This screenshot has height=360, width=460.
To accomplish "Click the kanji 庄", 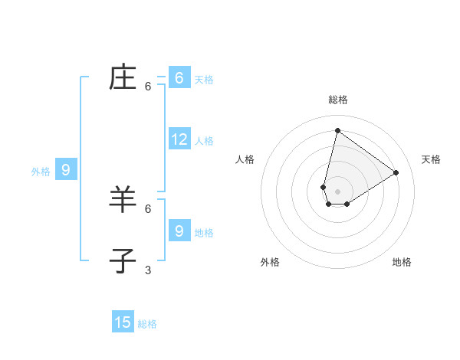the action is (123, 78).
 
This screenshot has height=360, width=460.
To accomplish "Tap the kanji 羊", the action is (123, 199).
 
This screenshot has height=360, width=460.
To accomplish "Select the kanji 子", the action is (123, 260).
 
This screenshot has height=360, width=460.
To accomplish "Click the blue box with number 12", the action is (179, 139).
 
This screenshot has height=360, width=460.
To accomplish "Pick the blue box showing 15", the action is (123, 322).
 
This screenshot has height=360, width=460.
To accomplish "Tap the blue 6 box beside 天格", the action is (179, 78).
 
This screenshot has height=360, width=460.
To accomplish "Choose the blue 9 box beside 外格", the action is (66, 170).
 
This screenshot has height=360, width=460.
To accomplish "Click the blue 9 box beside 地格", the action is (179, 230).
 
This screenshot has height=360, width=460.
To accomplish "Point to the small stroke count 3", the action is (148, 270).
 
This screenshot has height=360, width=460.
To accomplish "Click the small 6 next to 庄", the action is (148, 87).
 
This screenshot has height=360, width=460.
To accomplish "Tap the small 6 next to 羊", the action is (148, 208).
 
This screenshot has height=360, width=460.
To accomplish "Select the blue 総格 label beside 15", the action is (147, 324).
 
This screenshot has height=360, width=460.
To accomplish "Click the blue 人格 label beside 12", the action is (204, 141).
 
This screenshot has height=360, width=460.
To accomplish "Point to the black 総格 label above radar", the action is (337, 100).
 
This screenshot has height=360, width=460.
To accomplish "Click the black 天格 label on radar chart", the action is (431, 159).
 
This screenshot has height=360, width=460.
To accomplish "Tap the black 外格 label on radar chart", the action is (270, 262).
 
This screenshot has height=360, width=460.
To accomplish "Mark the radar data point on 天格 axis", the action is (396, 172).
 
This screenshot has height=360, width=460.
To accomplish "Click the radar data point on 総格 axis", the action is (337, 130).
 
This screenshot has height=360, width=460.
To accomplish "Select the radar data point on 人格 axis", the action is (324, 187).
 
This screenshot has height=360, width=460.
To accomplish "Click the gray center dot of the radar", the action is (337, 191).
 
